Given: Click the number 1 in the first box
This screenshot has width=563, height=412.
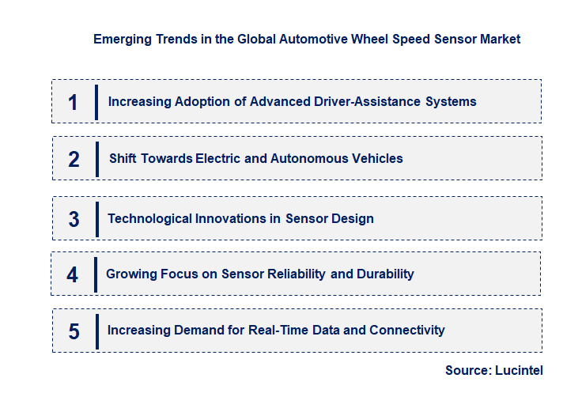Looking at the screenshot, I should coord(74,103).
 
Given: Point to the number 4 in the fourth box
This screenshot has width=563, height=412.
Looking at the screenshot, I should coord(73,275).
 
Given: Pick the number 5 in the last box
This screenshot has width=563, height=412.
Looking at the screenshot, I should coord(74,331).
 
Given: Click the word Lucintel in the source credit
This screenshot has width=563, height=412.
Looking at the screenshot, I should coord(519,370).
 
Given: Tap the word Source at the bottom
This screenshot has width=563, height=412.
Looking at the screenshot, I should coord(467,370).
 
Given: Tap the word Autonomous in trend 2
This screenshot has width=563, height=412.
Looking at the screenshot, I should coord(304,158).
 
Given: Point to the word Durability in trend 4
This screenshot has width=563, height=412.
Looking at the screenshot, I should coord(384,274).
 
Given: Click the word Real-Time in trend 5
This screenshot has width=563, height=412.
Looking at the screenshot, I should coord(278,330).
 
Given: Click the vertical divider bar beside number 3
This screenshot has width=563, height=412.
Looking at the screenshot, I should coord(97,218).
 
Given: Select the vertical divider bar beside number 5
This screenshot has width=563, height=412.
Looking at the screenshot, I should coord(97,331).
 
